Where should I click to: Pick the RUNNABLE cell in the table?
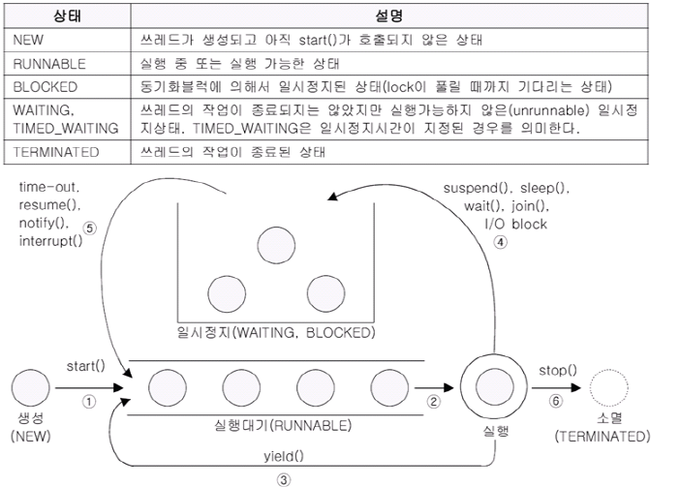[x=49, y=63]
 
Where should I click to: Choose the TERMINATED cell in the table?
[x=56, y=151]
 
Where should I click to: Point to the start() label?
[x=85, y=366]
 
